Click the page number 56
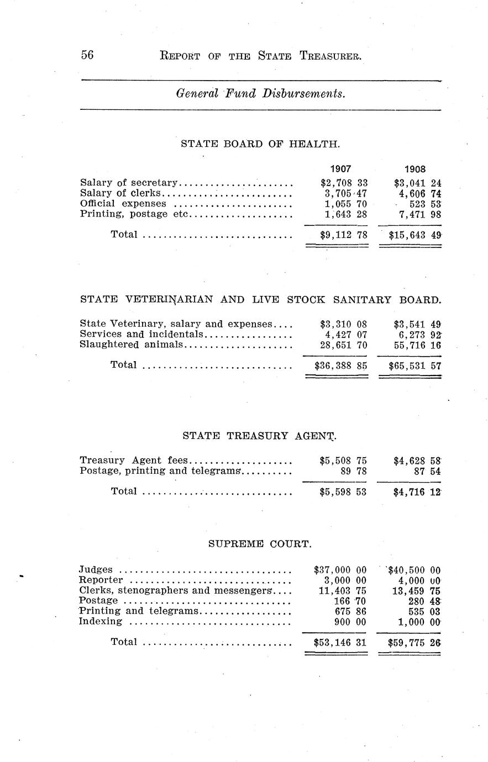coord(87,55)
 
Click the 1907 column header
coord(341,169)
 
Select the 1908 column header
coord(415,169)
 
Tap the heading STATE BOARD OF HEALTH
coord(260,144)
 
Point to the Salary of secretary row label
coord(129,182)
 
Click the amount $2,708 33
coord(344,182)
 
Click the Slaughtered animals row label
coord(131,345)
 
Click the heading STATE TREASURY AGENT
coord(259,436)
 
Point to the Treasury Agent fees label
coord(134,460)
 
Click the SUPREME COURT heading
coord(260,544)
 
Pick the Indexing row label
coord(101,621)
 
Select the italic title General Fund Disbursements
coord(260,93)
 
